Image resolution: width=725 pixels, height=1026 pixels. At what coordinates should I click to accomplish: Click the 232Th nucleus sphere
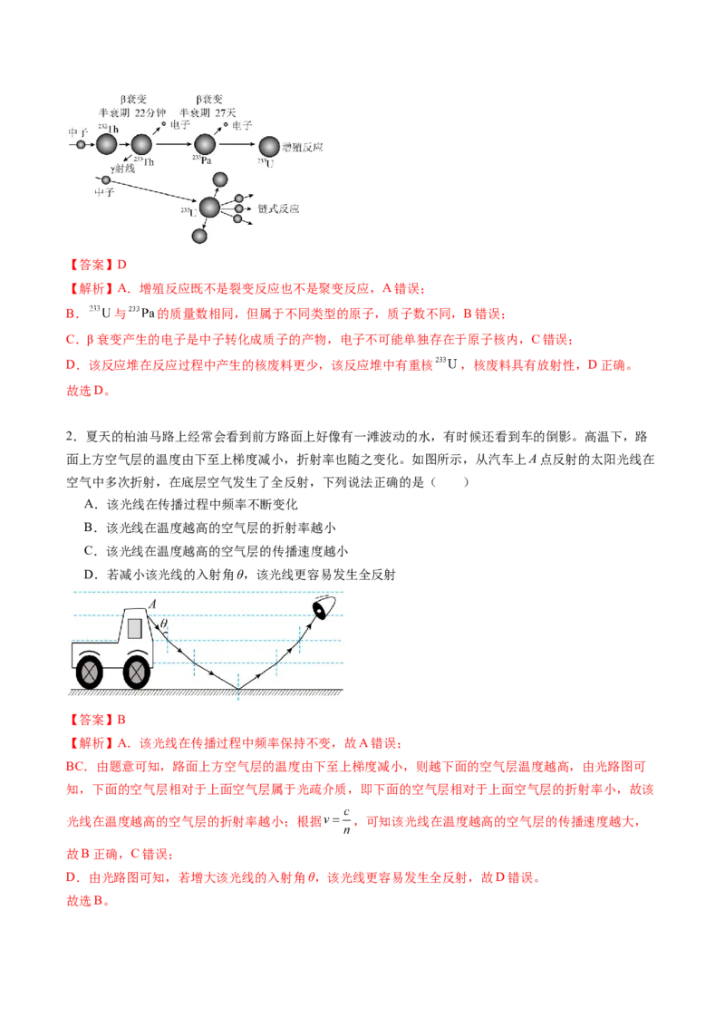107,144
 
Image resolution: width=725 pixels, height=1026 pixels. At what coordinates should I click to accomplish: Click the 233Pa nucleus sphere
205,144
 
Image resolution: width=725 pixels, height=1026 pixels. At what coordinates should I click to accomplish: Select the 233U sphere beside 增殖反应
269,146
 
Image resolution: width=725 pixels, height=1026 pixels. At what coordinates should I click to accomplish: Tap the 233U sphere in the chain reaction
209,208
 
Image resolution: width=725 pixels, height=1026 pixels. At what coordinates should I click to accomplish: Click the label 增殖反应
303,147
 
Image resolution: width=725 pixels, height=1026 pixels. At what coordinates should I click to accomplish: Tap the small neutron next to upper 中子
81,144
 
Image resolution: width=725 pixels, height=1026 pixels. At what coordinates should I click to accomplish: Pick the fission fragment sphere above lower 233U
220,180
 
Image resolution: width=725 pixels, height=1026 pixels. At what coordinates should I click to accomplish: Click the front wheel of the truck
136,672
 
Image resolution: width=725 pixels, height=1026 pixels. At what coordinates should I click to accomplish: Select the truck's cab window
135,627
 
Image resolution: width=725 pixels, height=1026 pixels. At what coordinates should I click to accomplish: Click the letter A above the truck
152,604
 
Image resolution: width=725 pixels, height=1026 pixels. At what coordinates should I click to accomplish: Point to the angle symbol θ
164,623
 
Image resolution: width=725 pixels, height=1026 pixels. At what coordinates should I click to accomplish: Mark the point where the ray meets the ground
238,690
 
